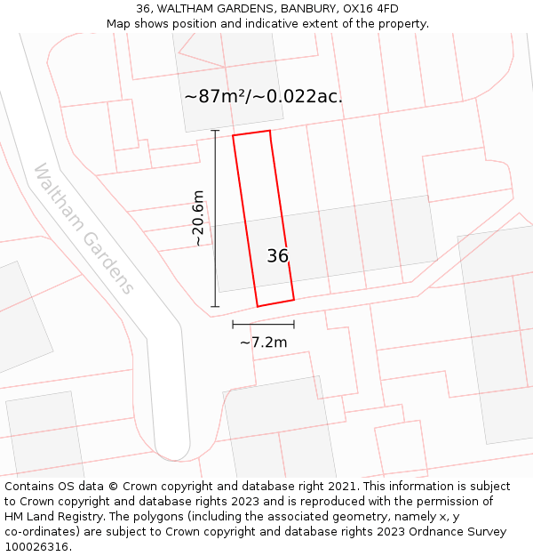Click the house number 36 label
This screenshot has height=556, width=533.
pyautogui.click(x=277, y=256)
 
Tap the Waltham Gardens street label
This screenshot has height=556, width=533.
pyautogui.click(x=84, y=229)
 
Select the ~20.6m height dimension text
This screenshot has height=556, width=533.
pyautogui.click(x=198, y=218)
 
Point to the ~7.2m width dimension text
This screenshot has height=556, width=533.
pyautogui.click(x=263, y=342)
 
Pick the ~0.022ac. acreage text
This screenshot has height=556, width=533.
pyautogui.click(x=305, y=96)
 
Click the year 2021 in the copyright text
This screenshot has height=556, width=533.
pyautogui.click(x=339, y=487)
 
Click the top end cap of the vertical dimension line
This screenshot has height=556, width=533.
pyautogui.click(x=215, y=131)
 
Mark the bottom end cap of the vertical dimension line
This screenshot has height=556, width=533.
pyautogui.click(x=215, y=308)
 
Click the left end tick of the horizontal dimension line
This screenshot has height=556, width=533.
pyautogui.click(x=233, y=325)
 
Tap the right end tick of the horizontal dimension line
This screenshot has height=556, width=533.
pyautogui.click(x=294, y=325)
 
